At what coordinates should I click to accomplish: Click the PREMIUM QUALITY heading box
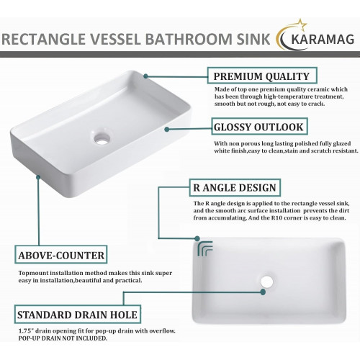point(262,76)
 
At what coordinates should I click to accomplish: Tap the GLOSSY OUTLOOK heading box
point(259,126)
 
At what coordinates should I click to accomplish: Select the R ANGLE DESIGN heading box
point(235,187)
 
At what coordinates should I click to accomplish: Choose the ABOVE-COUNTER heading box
point(61,255)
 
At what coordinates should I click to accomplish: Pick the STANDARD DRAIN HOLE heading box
point(78,314)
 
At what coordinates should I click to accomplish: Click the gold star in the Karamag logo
point(302,24)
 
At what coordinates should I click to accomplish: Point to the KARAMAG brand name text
point(323,40)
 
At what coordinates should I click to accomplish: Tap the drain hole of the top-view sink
point(266,282)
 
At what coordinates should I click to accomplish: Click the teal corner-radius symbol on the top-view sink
point(204,248)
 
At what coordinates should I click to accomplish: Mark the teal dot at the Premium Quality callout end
point(145,76)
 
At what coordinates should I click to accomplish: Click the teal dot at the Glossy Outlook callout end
point(167,130)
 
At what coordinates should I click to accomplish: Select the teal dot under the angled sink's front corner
point(38,177)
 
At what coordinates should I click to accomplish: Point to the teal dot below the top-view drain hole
point(263,292)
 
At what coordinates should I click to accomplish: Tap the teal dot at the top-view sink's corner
point(197,238)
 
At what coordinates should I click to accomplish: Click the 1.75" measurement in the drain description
point(26,331)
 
